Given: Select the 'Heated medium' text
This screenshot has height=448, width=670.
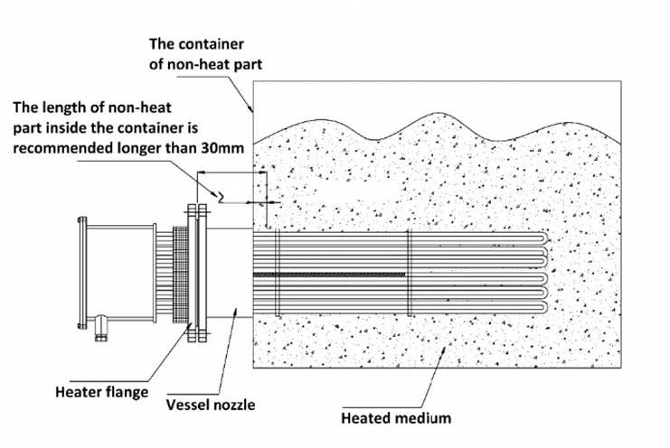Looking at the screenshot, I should (396, 418).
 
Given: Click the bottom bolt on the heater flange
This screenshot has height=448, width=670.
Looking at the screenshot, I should (196, 341).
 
